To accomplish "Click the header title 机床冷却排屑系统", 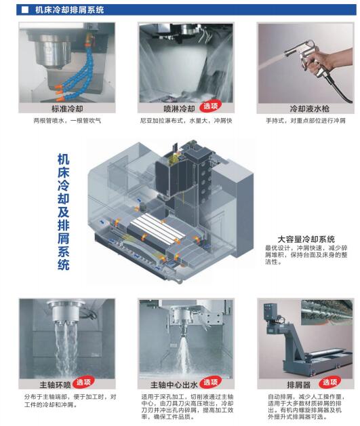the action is pyautogui.click(x=69, y=10).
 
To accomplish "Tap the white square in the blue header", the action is pyautogui.click(x=24, y=10).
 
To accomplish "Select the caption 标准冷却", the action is pyautogui.click(x=67, y=109).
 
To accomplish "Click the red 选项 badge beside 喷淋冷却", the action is pyautogui.click(x=210, y=106).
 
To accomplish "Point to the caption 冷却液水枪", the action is pyautogui.click(x=310, y=109).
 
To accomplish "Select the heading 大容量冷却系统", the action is pyautogui.click(x=306, y=239).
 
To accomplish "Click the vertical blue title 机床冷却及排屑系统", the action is pyautogui.click(x=63, y=212).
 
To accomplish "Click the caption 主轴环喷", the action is pyautogui.click(x=55, y=385).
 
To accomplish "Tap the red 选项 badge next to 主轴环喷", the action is pyautogui.click(x=83, y=383).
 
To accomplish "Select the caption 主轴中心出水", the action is pyautogui.click(x=174, y=385).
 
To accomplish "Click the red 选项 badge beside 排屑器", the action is pyautogui.click(x=329, y=383).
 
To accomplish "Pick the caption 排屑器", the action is pyautogui.click(x=298, y=385).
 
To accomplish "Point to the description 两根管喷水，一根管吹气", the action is pyautogui.click(x=67, y=120).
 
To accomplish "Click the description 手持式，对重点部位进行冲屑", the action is pyautogui.click(x=306, y=120).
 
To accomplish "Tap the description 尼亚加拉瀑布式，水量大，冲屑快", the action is pyautogui.click(x=186, y=120).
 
